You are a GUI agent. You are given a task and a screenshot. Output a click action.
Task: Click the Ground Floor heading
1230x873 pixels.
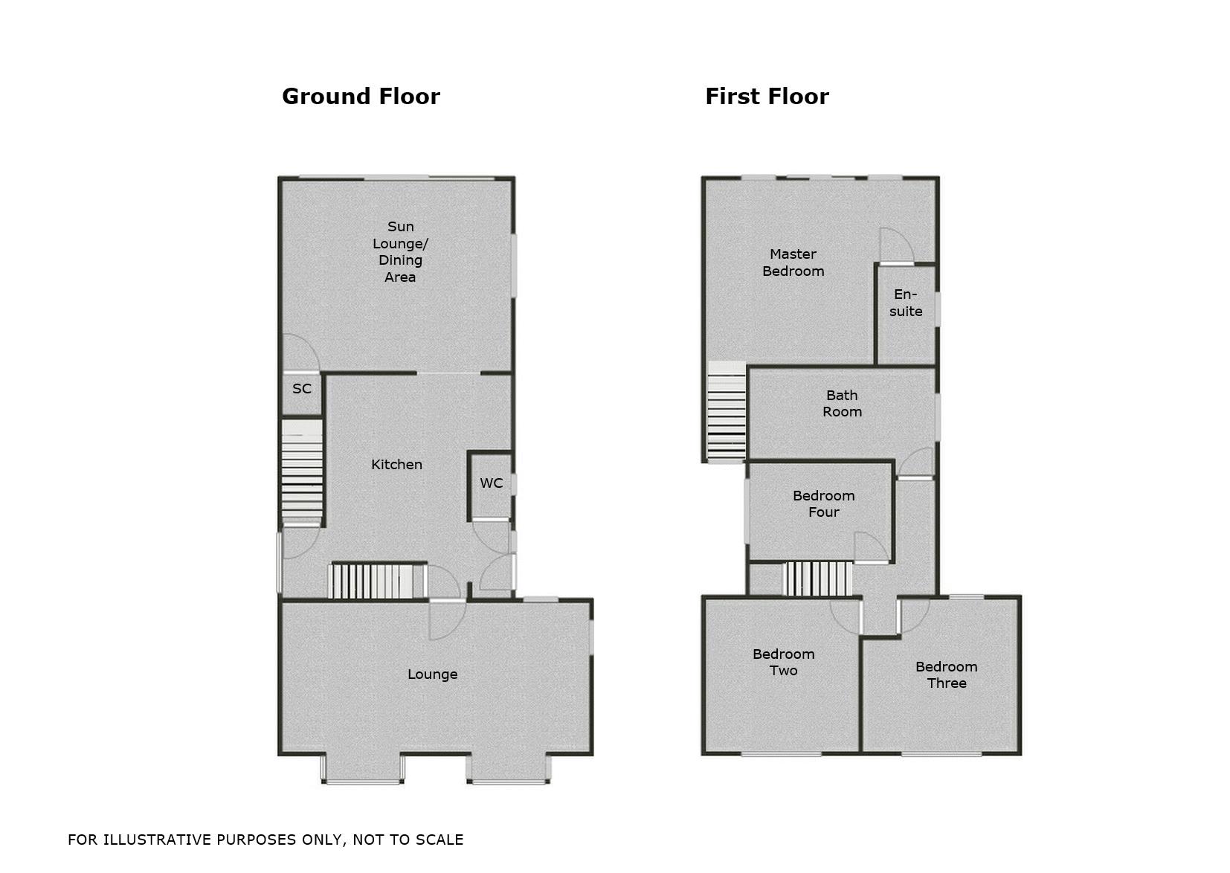pos(361,97)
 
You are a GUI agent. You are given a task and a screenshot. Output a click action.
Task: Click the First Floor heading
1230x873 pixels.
pos(767,97)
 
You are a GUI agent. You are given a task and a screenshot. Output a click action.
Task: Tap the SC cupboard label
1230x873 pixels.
pos(302,389)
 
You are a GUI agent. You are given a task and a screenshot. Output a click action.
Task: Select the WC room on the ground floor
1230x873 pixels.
pos(491,483)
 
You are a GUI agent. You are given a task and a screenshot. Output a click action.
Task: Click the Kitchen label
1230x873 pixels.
pos(396,465)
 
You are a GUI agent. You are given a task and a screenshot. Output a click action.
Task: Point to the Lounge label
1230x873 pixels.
pos(432,674)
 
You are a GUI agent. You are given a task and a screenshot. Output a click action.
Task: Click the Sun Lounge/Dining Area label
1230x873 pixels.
pos(400,251)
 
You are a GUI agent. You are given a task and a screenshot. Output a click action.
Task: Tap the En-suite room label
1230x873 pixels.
pos(906,303)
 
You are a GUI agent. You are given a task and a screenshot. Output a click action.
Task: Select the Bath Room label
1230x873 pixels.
pos(842,404)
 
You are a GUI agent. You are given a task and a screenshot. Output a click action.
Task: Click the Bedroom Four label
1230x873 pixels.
pos(823,504)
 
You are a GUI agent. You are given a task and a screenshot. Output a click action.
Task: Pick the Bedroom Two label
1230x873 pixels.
pos(783,663)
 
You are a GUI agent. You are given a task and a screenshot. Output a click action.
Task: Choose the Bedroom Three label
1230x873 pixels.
pos(946,675)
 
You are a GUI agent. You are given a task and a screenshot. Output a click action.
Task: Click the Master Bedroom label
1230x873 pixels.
pos(793,263)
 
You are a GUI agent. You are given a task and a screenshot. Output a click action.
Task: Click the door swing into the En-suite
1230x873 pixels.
pos(895,246)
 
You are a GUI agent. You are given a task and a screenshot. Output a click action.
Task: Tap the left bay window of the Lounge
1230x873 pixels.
pos(362,770)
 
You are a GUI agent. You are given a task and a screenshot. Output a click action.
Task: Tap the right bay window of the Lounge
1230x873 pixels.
pos(509,770)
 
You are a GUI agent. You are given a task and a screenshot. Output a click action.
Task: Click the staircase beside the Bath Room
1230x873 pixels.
pos(726,413)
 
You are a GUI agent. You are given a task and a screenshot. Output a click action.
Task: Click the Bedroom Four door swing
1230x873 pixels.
pos(871,547)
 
